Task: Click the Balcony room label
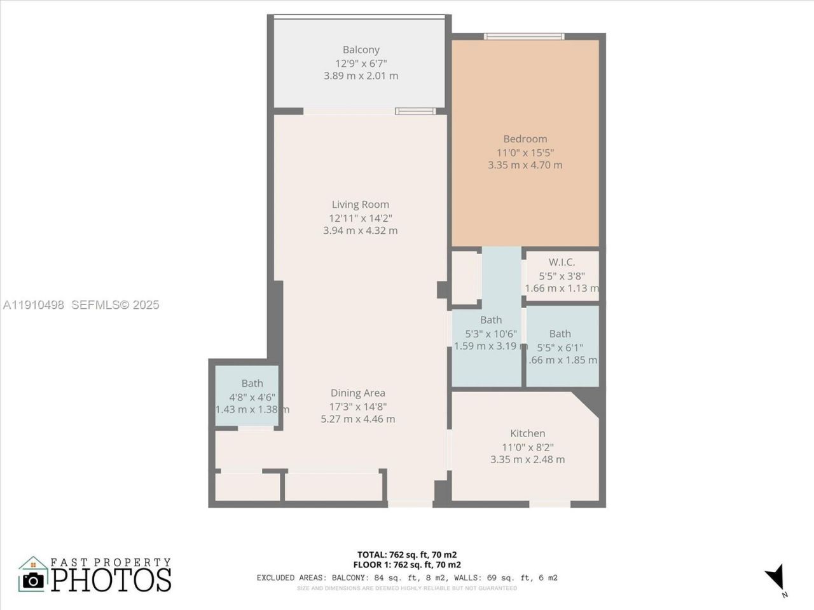[361, 50]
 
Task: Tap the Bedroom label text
[525, 139]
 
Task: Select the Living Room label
[360, 205]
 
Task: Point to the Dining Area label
[357, 393]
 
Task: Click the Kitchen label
[527, 433]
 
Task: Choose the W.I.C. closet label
[562, 262]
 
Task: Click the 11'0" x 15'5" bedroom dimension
[525, 152]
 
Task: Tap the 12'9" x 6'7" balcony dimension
[361, 63]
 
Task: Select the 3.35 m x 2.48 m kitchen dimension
[527, 459]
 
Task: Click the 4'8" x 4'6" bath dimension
[252, 396]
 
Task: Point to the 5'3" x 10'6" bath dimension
[490, 334]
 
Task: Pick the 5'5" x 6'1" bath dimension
[560, 347]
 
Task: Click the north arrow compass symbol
[776, 577]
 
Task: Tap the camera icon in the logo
[33, 579]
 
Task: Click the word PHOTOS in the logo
[111, 579]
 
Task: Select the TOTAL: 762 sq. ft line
[407, 554]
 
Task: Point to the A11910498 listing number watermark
[34, 305]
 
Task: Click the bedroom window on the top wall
[523, 36]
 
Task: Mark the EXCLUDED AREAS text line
[407, 578]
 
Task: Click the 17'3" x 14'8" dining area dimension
[357, 407]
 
